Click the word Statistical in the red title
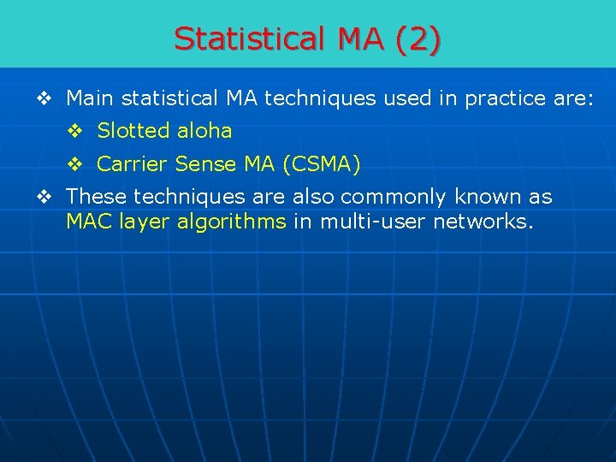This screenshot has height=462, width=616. [241, 39]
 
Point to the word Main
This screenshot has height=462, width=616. [91, 98]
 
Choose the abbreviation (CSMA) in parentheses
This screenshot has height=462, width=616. [317, 163]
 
